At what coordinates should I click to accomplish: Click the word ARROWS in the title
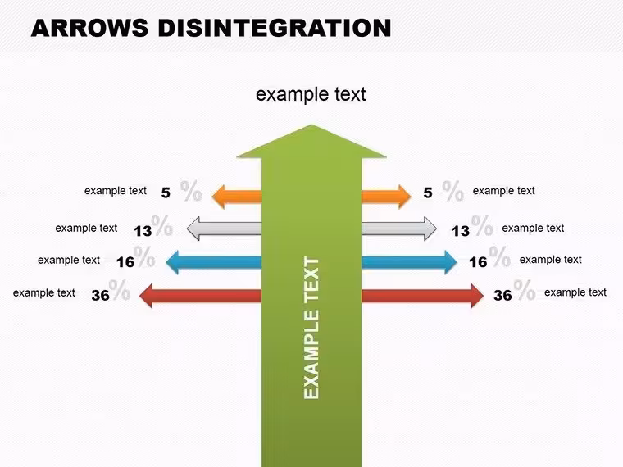(89, 28)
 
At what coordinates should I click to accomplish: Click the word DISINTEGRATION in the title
(275, 28)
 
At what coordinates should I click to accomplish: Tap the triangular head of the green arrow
(311, 142)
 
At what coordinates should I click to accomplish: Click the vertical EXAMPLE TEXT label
(311, 328)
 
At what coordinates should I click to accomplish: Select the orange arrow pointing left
(237, 197)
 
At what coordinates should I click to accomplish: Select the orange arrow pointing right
(386, 197)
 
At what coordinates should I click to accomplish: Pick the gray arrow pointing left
(224, 229)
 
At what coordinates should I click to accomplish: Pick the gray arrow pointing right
(399, 229)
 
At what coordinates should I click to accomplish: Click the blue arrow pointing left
(214, 262)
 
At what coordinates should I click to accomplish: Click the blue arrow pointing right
(410, 262)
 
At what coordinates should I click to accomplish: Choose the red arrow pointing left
(201, 296)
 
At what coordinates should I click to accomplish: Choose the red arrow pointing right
(423, 296)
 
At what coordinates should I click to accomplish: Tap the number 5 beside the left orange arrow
(166, 193)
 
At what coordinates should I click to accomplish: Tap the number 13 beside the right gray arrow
(461, 231)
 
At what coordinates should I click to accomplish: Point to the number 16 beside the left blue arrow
(125, 262)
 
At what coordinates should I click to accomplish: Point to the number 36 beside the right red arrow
(502, 296)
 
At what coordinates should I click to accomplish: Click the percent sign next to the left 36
(120, 290)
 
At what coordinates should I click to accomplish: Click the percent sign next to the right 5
(453, 191)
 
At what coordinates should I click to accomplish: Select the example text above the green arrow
(311, 94)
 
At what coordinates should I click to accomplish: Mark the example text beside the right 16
(551, 260)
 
